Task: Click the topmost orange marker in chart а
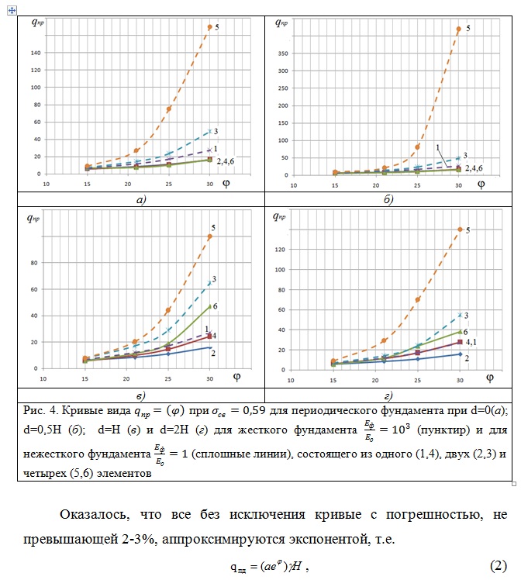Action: coord(209,27)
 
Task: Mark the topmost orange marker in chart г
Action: coord(459,230)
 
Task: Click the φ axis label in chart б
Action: coord(481,184)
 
